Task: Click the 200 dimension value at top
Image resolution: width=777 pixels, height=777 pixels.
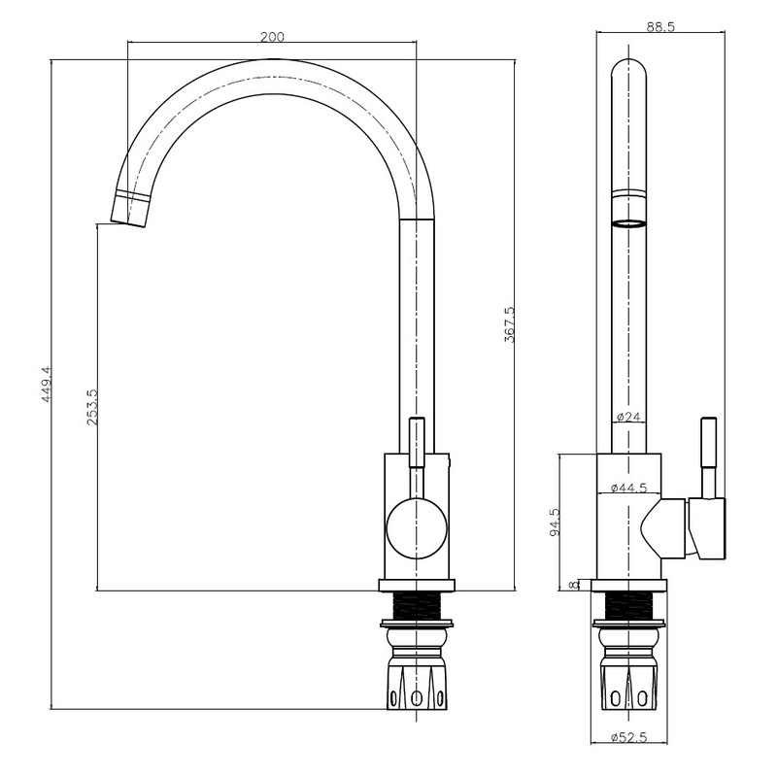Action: [x=272, y=36]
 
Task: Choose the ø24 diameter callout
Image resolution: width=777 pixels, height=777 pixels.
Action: [x=628, y=418]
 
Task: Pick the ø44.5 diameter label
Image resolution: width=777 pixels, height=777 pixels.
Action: [x=630, y=488]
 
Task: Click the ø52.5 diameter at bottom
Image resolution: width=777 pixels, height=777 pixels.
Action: [x=630, y=736]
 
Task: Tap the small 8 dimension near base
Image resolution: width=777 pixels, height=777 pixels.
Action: [x=574, y=584]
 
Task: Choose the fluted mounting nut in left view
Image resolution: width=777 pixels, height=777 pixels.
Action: [x=417, y=685]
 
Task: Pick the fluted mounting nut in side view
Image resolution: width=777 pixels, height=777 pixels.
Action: [x=630, y=685]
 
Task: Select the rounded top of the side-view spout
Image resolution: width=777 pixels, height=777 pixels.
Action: [x=630, y=70]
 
